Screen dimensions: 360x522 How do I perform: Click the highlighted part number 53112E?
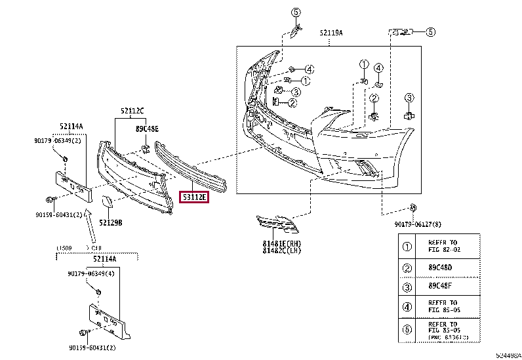[193, 197]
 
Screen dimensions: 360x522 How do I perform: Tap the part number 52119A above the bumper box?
[331, 32]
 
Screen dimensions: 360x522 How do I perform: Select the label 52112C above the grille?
[132, 111]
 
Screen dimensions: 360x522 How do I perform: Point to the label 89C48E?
[147, 129]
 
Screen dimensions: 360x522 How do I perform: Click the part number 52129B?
[111, 222]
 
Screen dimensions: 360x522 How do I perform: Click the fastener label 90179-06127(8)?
[421, 224]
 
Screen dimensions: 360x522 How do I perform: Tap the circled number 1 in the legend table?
[407, 247]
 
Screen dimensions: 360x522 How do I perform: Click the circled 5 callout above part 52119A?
[295, 12]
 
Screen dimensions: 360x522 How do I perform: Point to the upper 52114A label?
[71, 126]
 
